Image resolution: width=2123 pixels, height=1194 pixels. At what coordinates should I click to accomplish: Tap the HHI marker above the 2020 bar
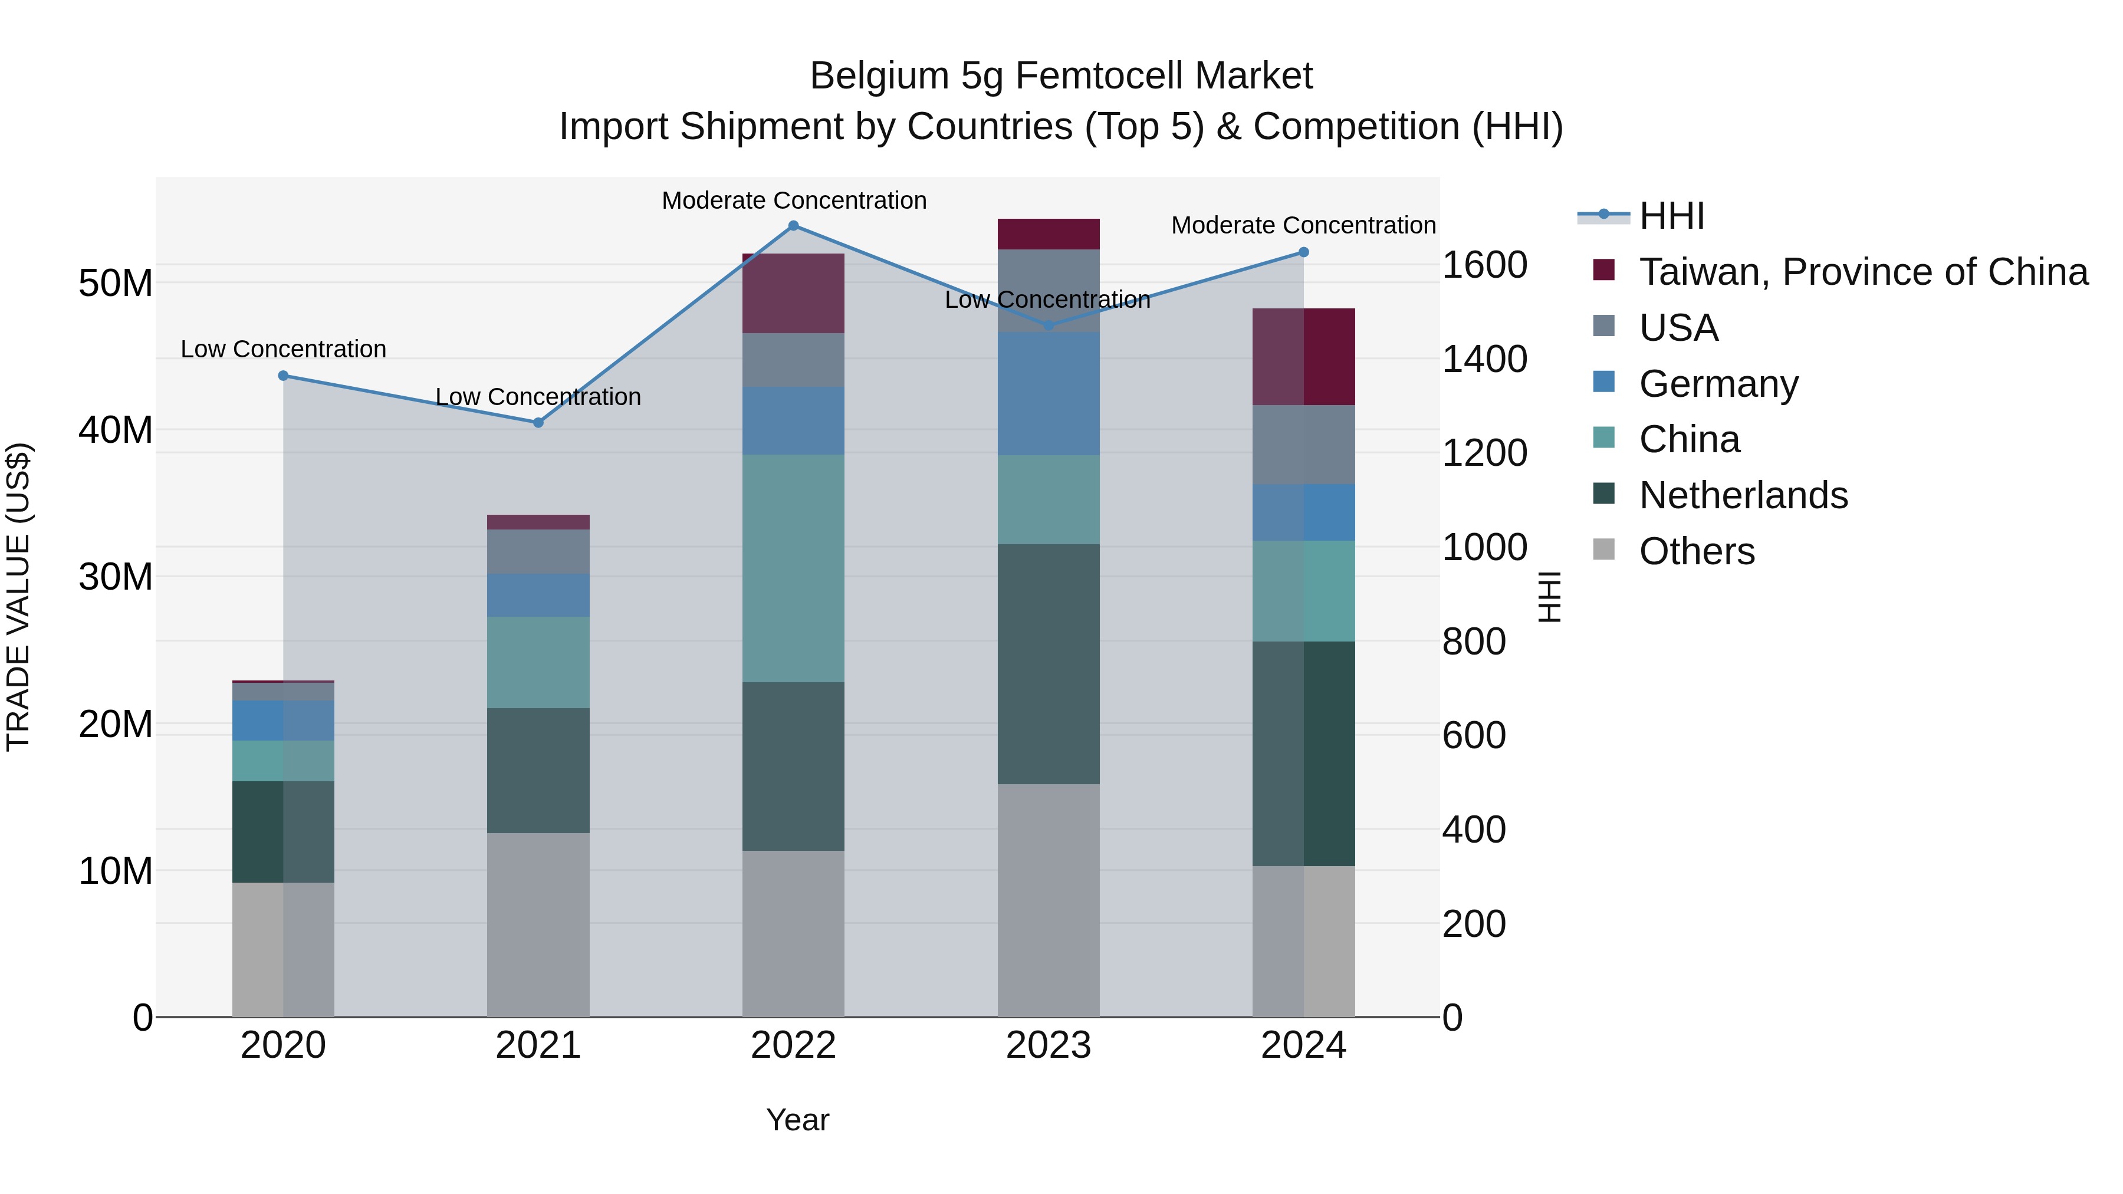(x=284, y=376)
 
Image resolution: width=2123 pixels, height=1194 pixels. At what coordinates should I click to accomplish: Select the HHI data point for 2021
(x=538, y=423)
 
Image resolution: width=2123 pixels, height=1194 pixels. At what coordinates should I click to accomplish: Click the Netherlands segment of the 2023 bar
(x=1049, y=663)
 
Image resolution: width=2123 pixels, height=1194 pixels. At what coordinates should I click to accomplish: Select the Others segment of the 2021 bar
(x=538, y=925)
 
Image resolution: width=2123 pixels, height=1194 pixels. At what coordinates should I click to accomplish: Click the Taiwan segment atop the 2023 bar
(x=1049, y=234)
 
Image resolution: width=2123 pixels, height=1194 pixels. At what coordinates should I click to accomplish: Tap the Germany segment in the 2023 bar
(x=1049, y=394)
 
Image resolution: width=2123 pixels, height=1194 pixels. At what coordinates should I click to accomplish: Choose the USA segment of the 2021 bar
(x=538, y=551)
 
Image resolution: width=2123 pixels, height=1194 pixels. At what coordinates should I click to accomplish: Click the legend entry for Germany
(x=1718, y=384)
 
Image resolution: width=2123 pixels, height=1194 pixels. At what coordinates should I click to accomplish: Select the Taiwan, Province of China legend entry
(x=1862, y=272)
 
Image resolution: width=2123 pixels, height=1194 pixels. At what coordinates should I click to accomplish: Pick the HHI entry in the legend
(x=1671, y=216)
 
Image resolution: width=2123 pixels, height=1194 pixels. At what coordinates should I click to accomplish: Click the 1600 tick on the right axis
(x=1484, y=265)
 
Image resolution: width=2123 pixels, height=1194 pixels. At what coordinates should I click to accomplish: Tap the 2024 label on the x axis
(x=1303, y=1045)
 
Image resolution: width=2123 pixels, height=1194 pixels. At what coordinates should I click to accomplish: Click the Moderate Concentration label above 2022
(x=794, y=200)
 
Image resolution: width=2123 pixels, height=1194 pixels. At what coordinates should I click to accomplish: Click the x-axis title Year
(x=797, y=1120)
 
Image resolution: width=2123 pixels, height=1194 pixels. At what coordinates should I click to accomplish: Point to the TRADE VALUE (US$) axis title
(x=18, y=597)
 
